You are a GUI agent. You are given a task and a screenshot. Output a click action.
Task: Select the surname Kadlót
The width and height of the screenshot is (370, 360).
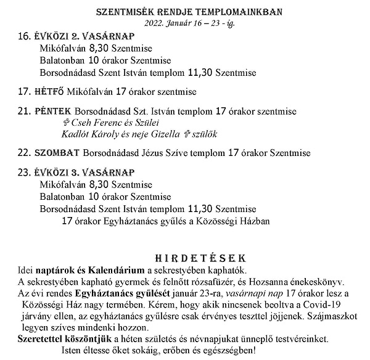point(75,133)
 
